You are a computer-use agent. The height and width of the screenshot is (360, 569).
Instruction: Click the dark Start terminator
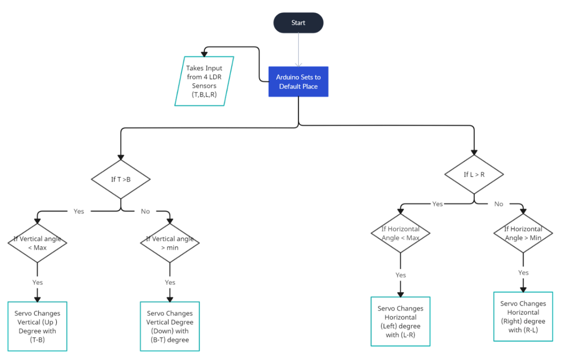(x=298, y=23)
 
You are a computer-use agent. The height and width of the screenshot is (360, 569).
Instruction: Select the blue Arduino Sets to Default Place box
(x=298, y=82)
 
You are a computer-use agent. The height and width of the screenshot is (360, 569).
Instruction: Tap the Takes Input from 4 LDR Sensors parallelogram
(x=204, y=81)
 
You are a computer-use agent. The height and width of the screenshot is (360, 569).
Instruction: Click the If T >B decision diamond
(x=121, y=179)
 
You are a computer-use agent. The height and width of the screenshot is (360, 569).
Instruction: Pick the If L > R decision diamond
(x=474, y=175)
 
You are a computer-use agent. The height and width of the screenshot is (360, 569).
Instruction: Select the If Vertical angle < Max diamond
(x=37, y=243)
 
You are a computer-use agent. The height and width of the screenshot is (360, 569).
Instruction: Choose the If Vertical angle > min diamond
(x=170, y=243)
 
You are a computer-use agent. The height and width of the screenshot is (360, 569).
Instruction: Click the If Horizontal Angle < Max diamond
(x=400, y=233)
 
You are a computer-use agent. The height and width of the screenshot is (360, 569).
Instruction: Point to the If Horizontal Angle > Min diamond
(x=523, y=233)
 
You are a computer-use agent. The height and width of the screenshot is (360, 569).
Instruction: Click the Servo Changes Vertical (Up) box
(x=37, y=326)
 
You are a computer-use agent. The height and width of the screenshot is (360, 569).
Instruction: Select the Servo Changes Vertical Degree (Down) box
(x=170, y=326)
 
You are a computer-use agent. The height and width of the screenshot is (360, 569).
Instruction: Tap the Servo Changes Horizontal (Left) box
(x=400, y=321)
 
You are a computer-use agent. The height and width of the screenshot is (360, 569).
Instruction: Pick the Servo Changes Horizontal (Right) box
(x=523, y=317)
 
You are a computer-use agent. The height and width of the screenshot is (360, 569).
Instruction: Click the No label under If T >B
(x=145, y=211)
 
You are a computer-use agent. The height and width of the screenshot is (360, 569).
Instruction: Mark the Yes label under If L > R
(x=437, y=204)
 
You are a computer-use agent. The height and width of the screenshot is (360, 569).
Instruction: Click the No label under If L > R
(x=499, y=204)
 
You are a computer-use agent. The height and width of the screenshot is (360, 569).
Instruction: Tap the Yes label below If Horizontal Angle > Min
(x=523, y=273)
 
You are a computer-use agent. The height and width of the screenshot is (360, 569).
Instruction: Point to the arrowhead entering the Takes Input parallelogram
(x=204, y=54)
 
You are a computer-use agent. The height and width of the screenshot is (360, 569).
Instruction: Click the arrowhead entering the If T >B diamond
(x=121, y=157)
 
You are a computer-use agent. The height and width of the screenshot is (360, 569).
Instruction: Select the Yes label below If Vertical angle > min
(x=170, y=282)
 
